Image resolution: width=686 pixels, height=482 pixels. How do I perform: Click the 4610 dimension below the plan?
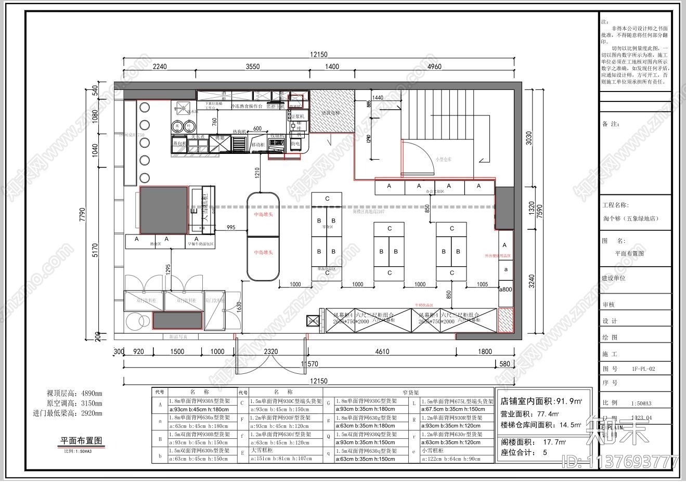pyautogui.click(x=382, y=351)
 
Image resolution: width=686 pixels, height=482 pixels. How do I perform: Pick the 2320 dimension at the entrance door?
pyautogui.click(x=270, y=351)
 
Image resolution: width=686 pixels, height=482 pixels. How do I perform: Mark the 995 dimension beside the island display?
pyautogui.click(x=230, y=227)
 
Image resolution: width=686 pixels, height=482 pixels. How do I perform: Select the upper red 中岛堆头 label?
pyautogui.click(x=263, y=214)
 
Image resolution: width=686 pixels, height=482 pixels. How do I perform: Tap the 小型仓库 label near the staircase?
pyautogui.click(x=443, y=159)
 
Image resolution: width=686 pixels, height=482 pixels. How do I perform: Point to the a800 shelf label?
pyautogui.click(x=506, y=289)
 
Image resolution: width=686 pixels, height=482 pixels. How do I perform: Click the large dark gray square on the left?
pyautogui.click(x=163, y=210)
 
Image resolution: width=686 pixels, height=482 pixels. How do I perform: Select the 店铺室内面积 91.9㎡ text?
pyautogui.click(x=541, y=401)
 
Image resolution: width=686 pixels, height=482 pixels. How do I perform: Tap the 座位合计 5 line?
pyautogui.click(x=524, y=452)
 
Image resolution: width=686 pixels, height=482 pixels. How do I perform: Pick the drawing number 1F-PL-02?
pyautogui.click(x=643, y=369)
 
